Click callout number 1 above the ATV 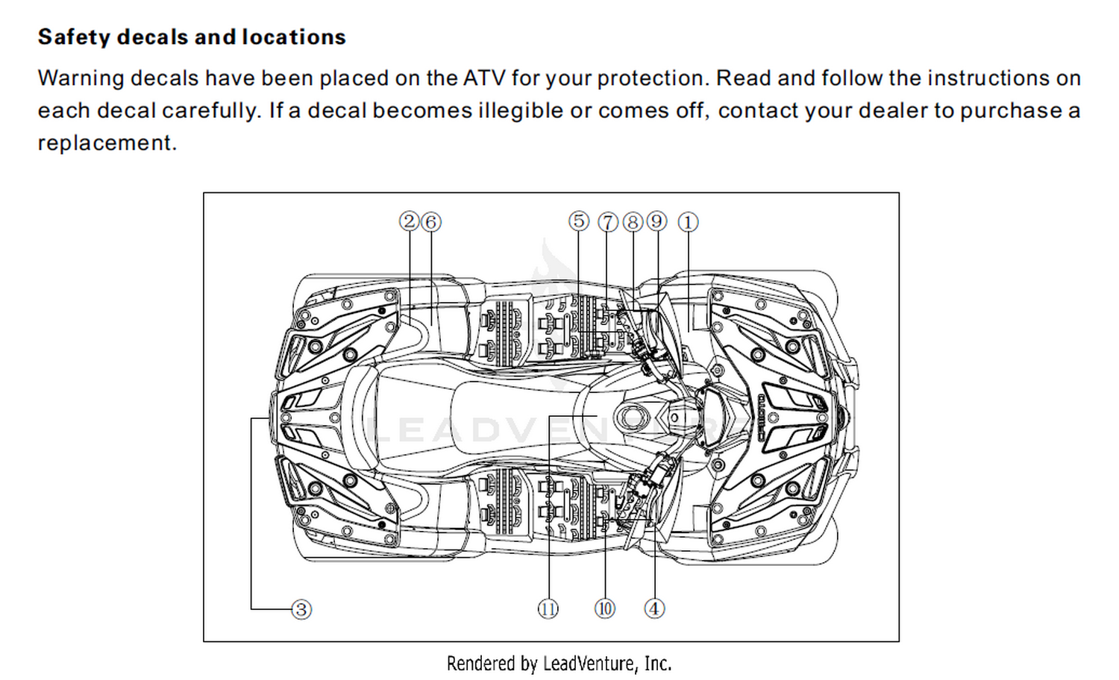coord(688,223)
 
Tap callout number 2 coord(409,221)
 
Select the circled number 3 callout coord(301,610)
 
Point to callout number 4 coord(654,609)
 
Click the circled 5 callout coord(578,221)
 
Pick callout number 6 coord(431,222)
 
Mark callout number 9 coord(657,221)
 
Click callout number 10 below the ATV coord(605,609)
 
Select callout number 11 coord(548,609)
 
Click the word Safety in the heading coord(73,37)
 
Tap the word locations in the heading coord(294,37)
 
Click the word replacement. coord(107,144)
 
